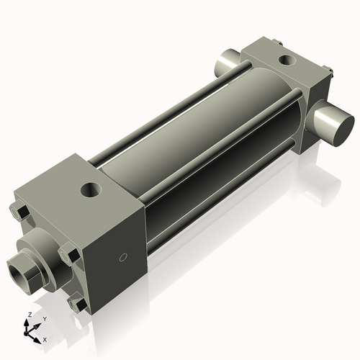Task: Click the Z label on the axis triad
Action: (x=29, y=315)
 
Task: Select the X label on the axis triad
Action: (x=45, y=338)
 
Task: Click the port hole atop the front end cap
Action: (x=91, y=190)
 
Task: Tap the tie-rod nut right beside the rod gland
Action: (x=69, y=254)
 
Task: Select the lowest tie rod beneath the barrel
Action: (x=216, y=192)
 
